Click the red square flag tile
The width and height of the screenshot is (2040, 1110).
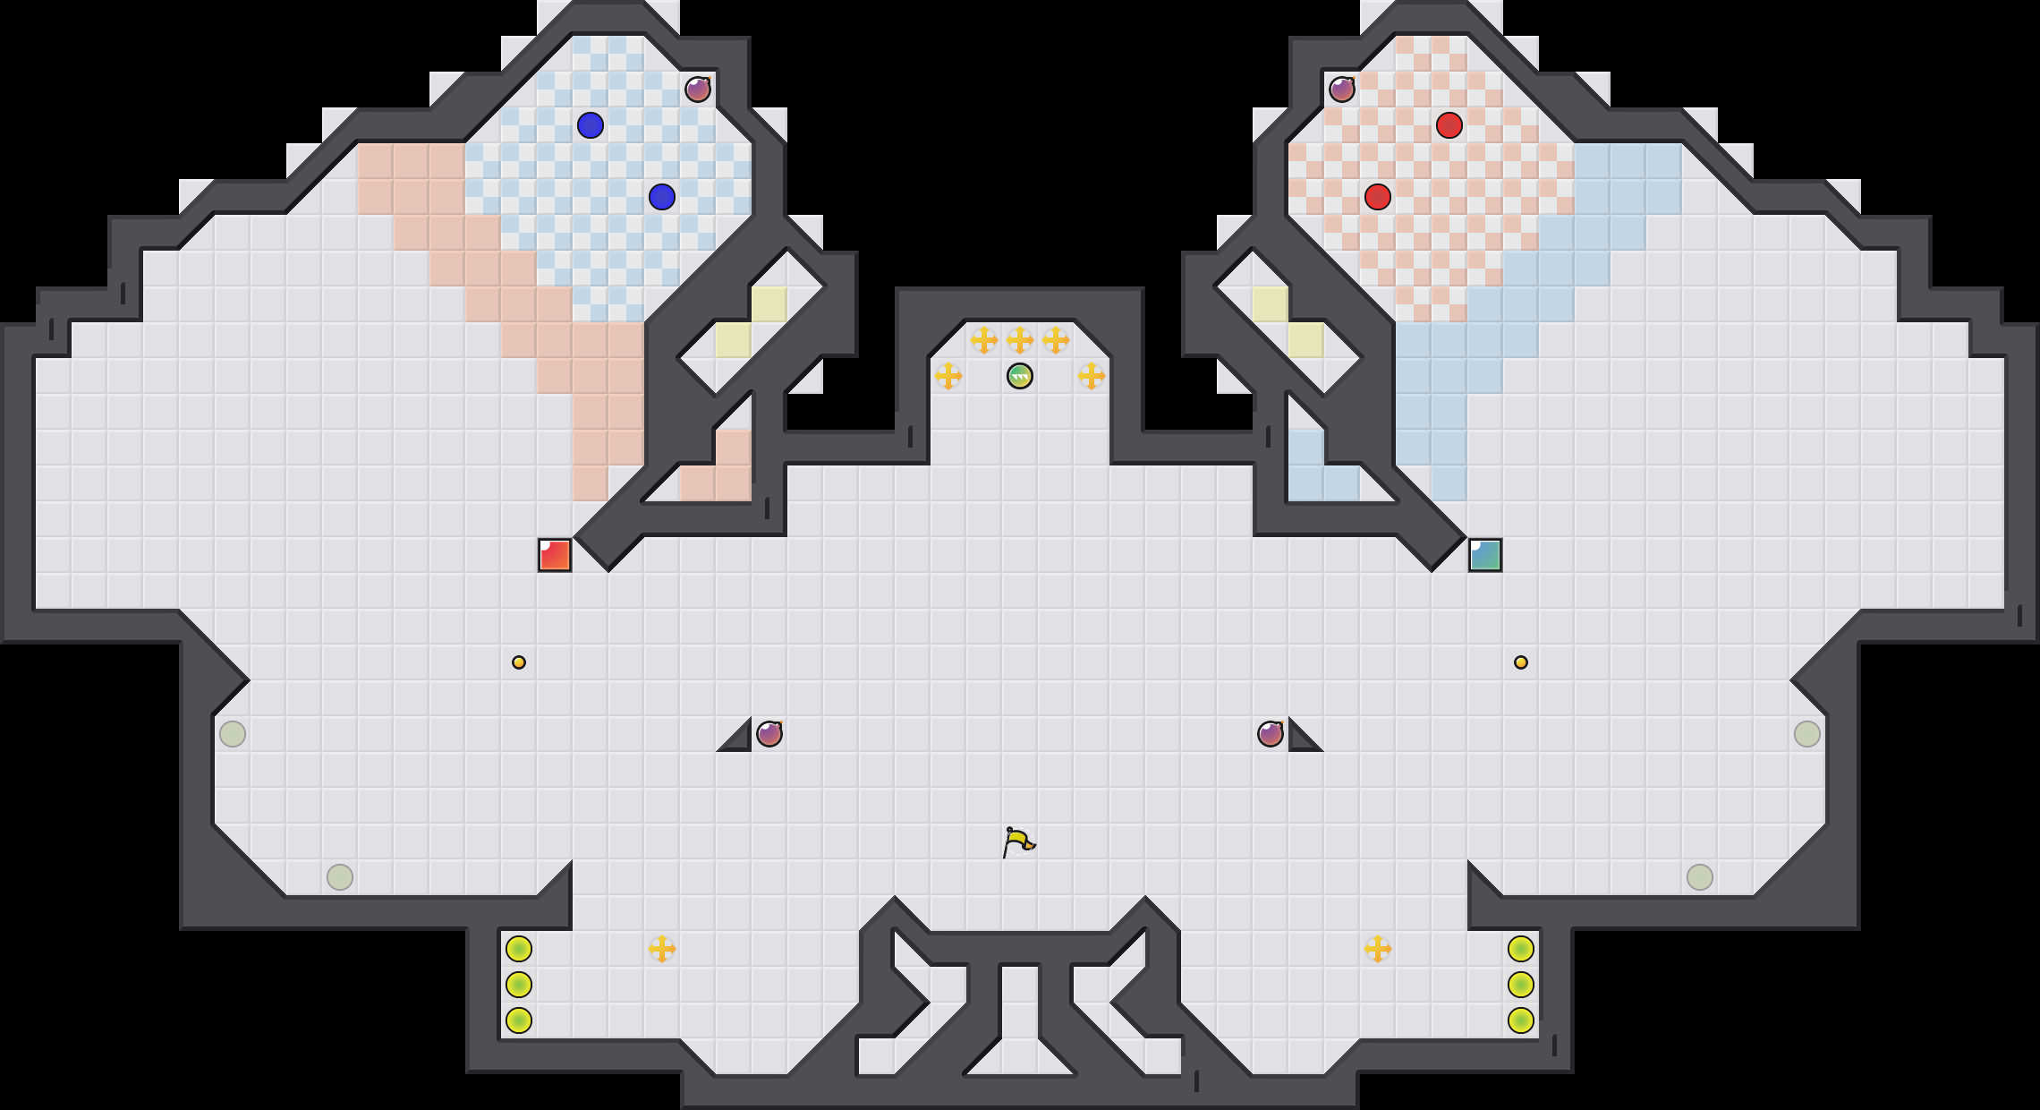[x=555, y=555]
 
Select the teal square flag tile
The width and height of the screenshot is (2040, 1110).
[x=1485, y=555]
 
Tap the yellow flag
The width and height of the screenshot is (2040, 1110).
[x=1018, y=842]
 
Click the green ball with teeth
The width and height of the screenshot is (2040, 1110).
[x=1020, y=376]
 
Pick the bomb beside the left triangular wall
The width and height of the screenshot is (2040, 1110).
[x=769, y=734]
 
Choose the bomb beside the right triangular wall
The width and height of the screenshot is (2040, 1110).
[x=1271, y=734]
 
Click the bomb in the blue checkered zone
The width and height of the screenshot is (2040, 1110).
[x=698, y=90]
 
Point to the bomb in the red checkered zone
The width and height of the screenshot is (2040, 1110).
[x=1342, y=90]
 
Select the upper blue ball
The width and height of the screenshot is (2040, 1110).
[x=591, y=125]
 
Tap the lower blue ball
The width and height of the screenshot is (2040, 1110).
[x=662, y=197]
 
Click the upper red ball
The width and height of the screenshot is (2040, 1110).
[x=1449, y=125]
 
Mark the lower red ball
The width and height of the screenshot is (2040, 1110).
[x=1378, y=197]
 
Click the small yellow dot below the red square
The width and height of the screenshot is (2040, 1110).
[x=519, y=662]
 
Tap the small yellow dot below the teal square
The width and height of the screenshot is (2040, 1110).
[x=1521, y=662]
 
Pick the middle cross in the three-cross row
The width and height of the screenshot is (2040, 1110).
[x=1020, y=340]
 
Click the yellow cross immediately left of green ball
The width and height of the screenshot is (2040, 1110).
[x=948, y=376]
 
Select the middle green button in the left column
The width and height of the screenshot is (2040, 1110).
[x=519, y=985]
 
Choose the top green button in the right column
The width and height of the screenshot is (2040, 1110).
[x=1521, y=949]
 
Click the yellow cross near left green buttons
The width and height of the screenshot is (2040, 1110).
[x=662, y=949]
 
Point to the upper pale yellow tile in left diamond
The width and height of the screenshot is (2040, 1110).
[x=769, y=304]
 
